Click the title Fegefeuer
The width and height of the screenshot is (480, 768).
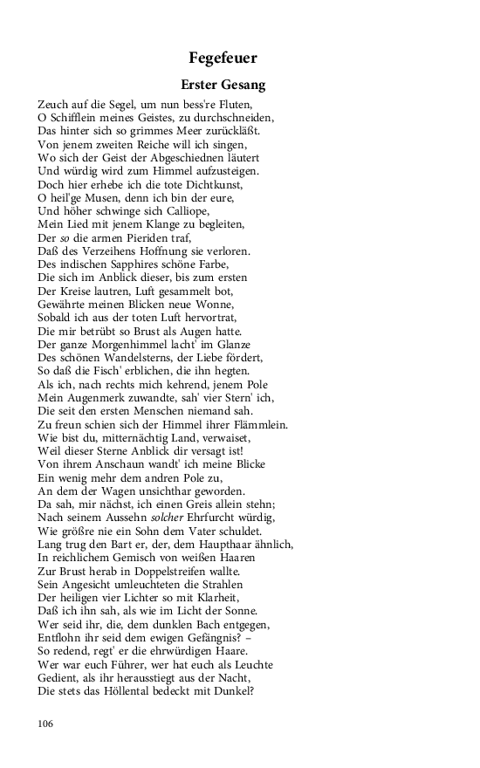(223, 58)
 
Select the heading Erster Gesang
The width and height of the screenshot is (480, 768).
(223, 86)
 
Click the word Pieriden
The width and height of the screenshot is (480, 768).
(158, 237)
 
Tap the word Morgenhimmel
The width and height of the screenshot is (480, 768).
(129, 344)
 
